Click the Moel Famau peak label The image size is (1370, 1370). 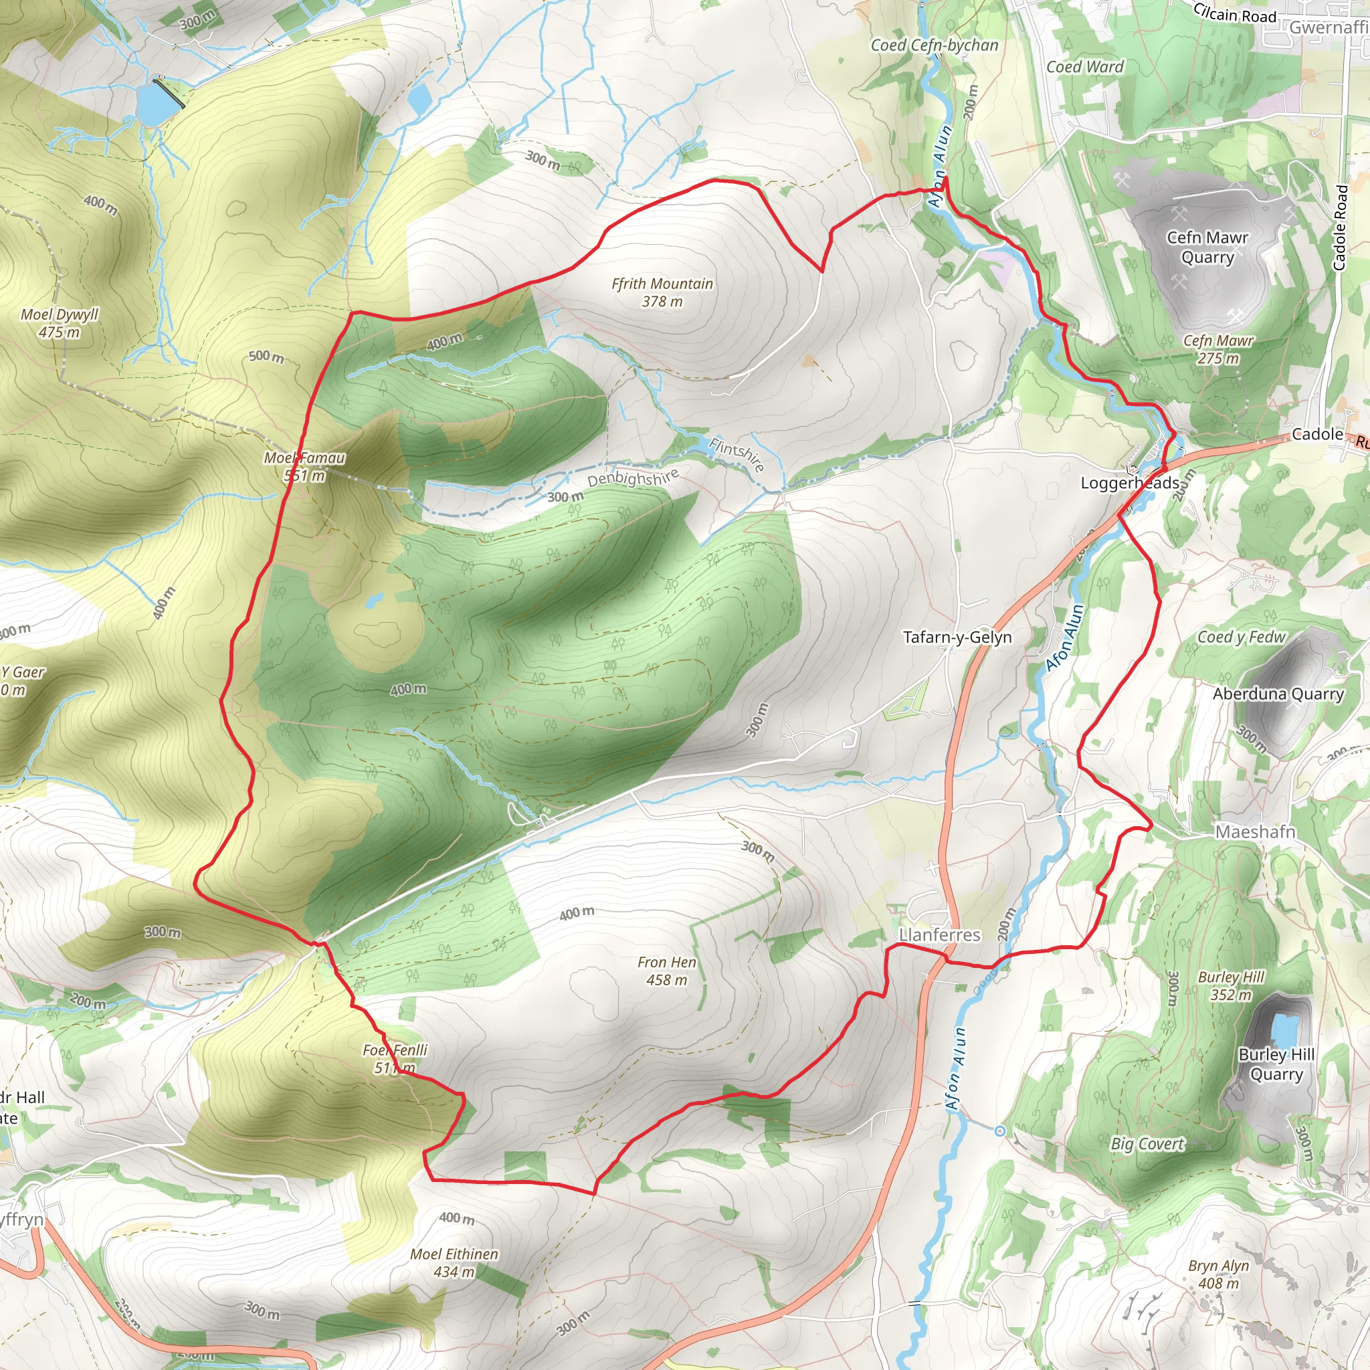click(x=304, y=466)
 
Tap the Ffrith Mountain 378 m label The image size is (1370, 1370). click(x=662, y=292)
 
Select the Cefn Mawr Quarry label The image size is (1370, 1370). click(x=1207, y=247)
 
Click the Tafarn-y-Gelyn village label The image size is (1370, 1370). click(x=957, y=637)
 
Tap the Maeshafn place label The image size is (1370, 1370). click(x=1255, y=831)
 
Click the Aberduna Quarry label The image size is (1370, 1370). click(x=1278, y=694)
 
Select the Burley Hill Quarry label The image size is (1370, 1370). click(x=1276, y=1064)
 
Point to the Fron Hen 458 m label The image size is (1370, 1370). click(x=666, y=971)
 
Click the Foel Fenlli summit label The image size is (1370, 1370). click(x=395, y=1058)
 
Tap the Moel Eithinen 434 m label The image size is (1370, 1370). click(x=454, y=1263)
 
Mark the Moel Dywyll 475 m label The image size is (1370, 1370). click(x=60, y=322)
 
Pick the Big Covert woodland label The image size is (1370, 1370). click(x=1147, y=1144)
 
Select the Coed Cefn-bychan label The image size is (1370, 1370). click(x=934, y=45)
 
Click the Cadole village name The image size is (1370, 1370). click(x=1316, y=434)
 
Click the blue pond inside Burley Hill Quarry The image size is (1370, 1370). click(x=1284, y=1027)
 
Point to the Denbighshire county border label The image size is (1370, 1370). click(x=633, y=477)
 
